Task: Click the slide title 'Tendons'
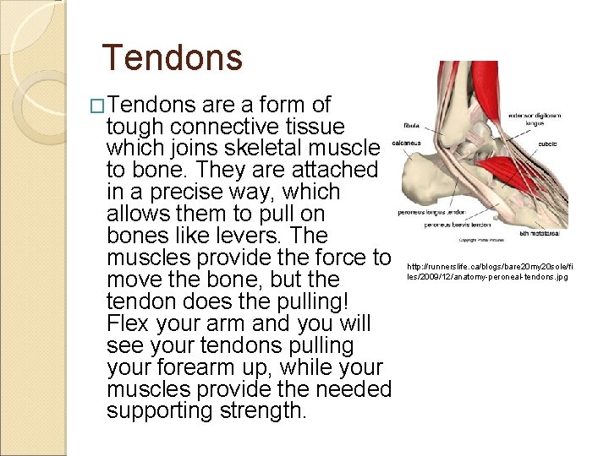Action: pos(172,58)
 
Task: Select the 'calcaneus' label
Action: pos(406,142)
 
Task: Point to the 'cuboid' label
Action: pos(549,144)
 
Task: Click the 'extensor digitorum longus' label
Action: pos(546,117)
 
